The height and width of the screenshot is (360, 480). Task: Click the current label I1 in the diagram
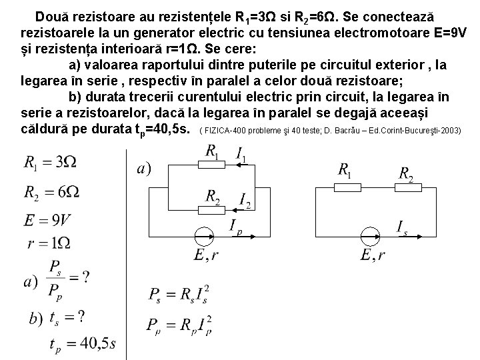(241, 155)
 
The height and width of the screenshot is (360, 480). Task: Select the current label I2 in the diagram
(245, 200)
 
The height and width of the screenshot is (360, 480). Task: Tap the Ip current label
(237, 228)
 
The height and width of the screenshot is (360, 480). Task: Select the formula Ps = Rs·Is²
(180, 295)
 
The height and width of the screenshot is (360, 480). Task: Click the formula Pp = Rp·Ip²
(180, 325)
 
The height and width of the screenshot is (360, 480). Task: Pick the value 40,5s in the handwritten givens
(93, 343)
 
